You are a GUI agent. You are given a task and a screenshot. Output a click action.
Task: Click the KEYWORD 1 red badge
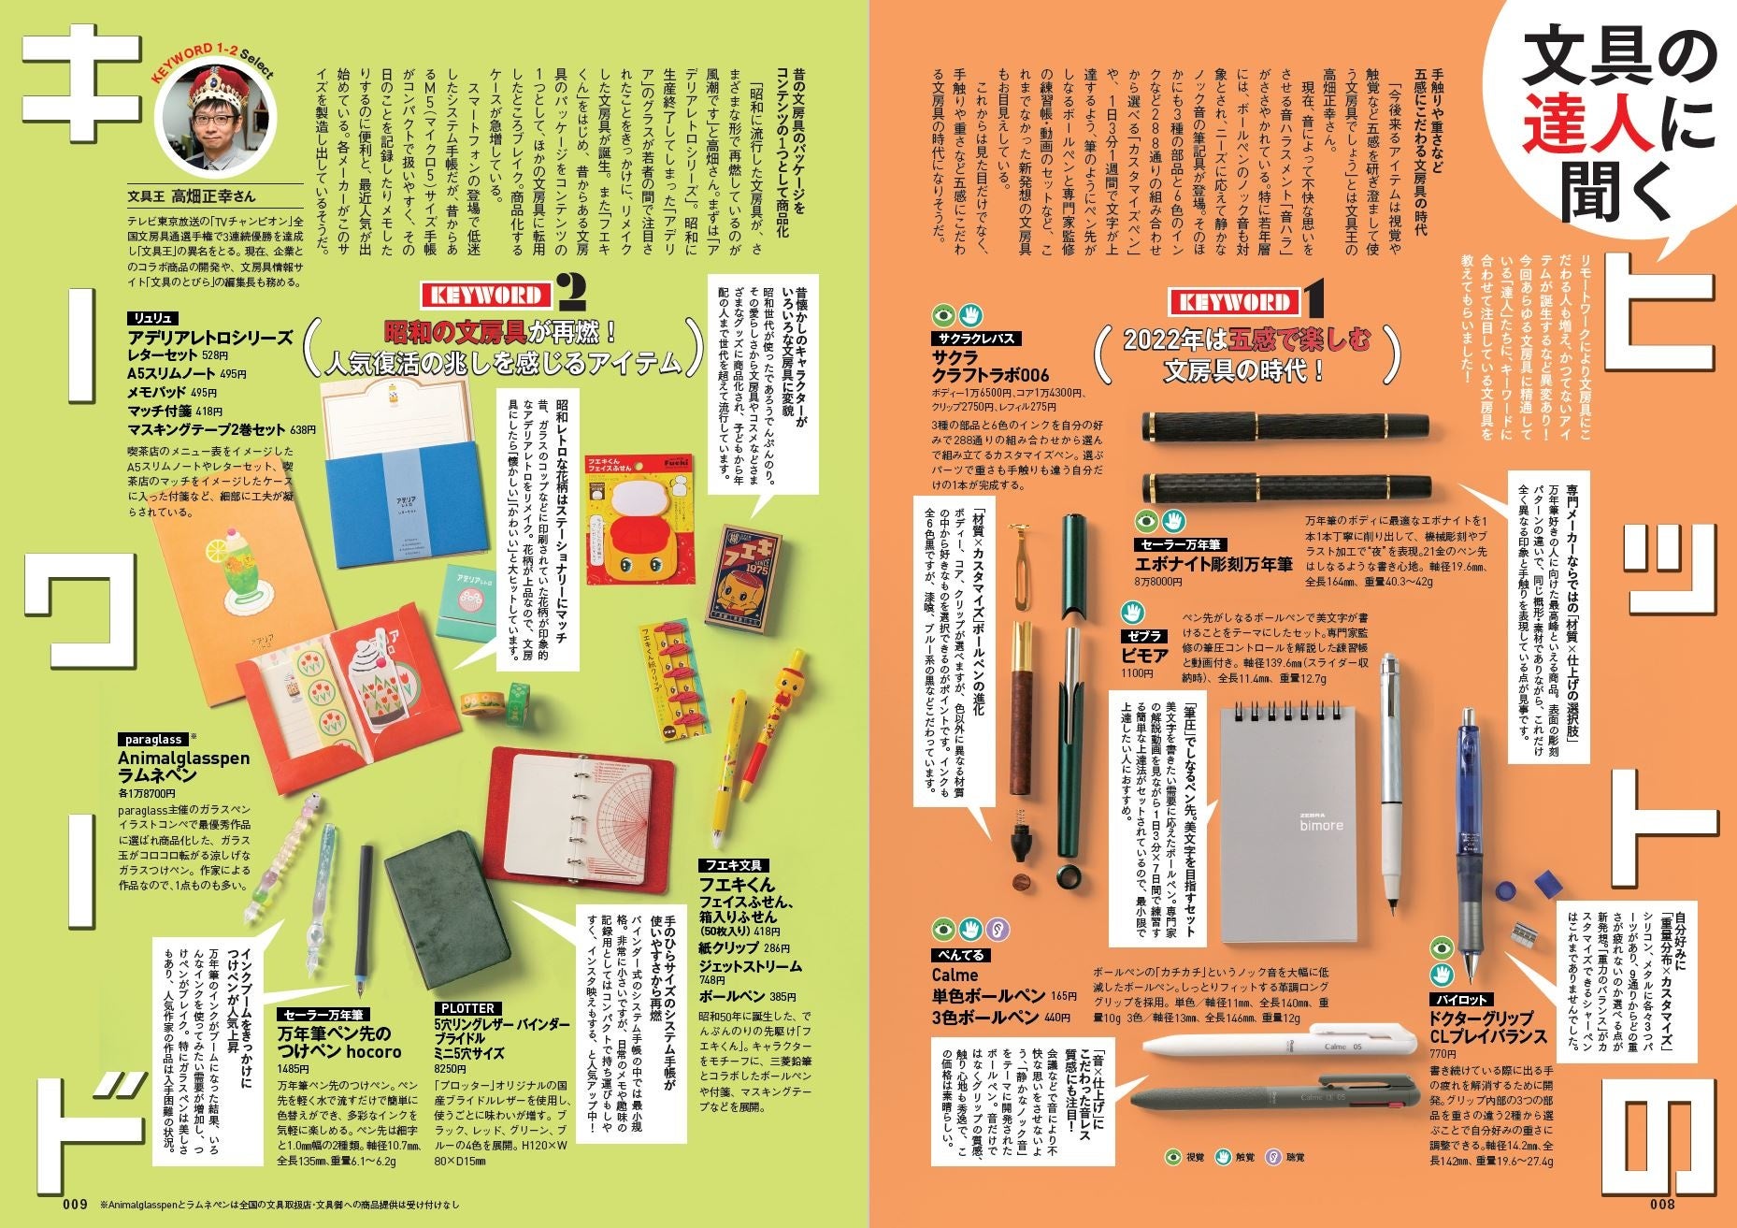[1234, 302]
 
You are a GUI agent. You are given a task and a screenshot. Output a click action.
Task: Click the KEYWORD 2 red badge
[486, 296]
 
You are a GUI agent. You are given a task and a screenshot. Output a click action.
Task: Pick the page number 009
[76, 1203]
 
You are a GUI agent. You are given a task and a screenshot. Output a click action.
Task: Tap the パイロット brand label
[1464, 1000]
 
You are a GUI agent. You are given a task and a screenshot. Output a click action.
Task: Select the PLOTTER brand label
[467, 1008]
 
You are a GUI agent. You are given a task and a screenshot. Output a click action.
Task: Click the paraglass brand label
[149, 739]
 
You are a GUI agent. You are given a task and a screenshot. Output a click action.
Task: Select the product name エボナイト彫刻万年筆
[1213, 564]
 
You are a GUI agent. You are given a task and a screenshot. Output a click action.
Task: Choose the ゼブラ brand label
[1144, 636]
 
